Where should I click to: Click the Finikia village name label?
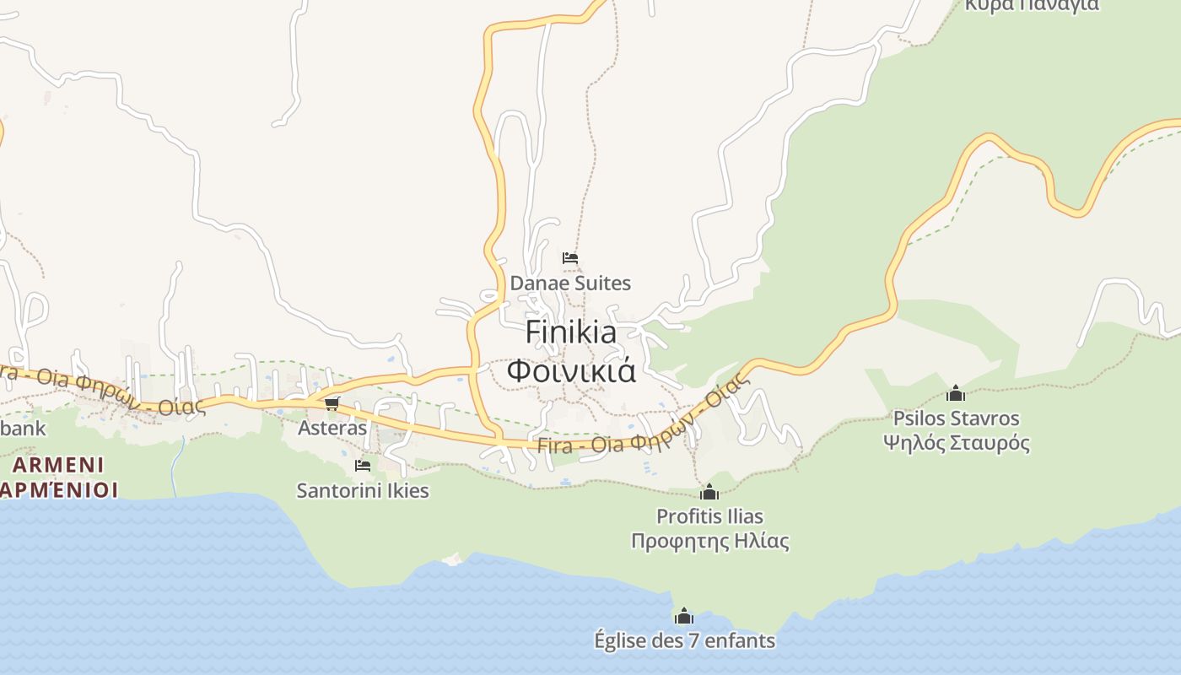click(x=570, y=332)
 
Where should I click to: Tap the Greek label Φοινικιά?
click(x=570, y=370)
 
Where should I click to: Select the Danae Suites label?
click(x=570, y=283)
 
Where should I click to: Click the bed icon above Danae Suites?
click(x=570, y=258)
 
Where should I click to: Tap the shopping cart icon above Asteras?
click(x=332, y=404)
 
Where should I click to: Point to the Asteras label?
click(x=332, y=428)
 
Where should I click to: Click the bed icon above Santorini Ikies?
click(x=363, y=466)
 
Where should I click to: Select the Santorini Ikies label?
click(x=363, y=490)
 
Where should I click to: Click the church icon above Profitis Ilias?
click(x=709, y=492)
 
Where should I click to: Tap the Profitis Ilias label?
click(x=709, y=516)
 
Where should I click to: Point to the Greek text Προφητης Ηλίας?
click(x=709, y=540)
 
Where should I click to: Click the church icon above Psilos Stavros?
click(x=956, y=393)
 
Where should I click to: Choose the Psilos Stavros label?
click(x=956, y=418)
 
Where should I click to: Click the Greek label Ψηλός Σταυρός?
click(x=956, y=442)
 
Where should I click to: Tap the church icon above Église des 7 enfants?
click(x=684, y=616)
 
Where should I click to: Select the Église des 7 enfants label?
click(x=684, y=640)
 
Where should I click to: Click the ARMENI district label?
click(x=58, y=465)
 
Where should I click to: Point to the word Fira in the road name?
click(x=553, y=447)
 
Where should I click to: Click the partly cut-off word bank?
click(x=23, y=428)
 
